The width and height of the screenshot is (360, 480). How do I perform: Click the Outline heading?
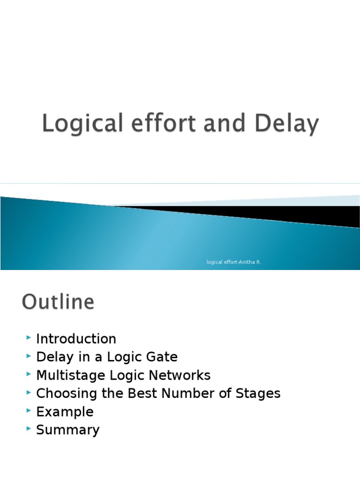(58, 302)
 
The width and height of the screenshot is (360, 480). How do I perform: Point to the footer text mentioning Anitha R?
(233, 262)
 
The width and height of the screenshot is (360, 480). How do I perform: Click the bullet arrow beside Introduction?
(29, 338)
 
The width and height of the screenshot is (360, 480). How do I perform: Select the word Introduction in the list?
(76, 339)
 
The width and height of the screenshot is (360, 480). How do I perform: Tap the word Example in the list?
(65, 412)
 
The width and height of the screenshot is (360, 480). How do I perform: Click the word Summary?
(67, 430)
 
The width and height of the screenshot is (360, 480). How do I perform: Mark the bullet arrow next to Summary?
(29, 429)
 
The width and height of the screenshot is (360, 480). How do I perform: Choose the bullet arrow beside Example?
(29, 411)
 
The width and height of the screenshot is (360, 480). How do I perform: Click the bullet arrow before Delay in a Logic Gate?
(29, 356)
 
